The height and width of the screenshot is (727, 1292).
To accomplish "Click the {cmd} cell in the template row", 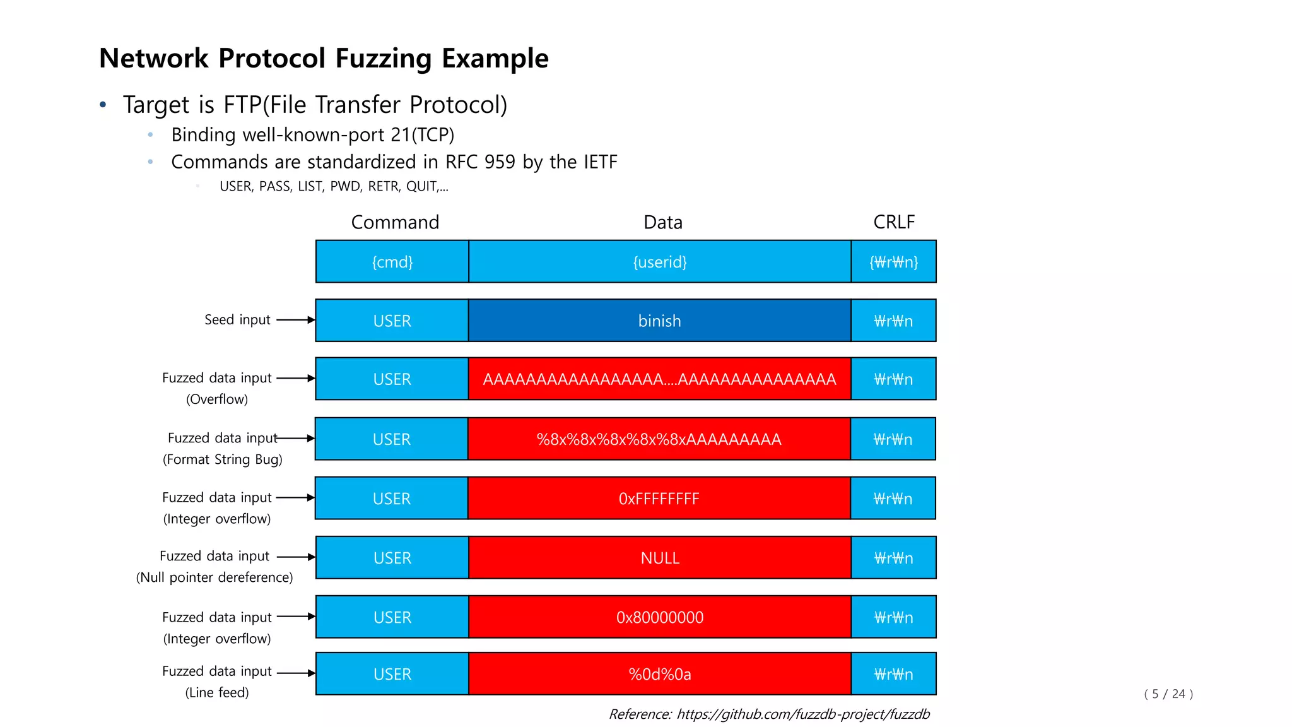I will (x=392, y=261).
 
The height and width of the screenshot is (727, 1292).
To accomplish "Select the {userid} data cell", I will (x=659, y=261).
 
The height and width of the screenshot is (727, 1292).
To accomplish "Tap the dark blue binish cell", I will (x=659, y=321).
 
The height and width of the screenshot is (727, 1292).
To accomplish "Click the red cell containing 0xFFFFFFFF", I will (x=659, y=499).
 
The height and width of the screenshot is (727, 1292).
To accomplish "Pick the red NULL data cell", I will (x=659, y=558).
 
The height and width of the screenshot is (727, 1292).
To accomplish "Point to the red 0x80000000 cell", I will (x=659, y=617).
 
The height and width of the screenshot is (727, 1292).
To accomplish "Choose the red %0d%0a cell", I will (x=659, y=674).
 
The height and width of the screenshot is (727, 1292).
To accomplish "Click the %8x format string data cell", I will (x=659, y=439).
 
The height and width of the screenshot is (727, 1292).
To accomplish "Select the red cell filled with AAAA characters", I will (x=659, y=379).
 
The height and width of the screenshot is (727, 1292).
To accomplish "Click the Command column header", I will (x=395, y=222).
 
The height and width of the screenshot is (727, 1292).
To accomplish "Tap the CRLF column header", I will (x=894, y=222).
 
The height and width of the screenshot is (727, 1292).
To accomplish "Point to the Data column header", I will (x=663, y=222).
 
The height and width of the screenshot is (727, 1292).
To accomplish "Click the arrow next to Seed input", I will (x=295, y=320).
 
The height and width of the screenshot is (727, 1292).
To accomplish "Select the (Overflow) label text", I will (x=217, y=399).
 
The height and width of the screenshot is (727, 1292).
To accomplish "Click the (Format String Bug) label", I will (x=223, y=459).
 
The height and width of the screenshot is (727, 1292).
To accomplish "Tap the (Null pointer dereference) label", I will (x=214, y=577).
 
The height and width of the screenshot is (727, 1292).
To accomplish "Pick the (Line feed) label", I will (x=217, y=692).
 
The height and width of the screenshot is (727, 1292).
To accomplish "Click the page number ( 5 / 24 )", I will (x=1168, y=694).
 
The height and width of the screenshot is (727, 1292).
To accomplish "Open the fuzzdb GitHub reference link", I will (x=803, y=714).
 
